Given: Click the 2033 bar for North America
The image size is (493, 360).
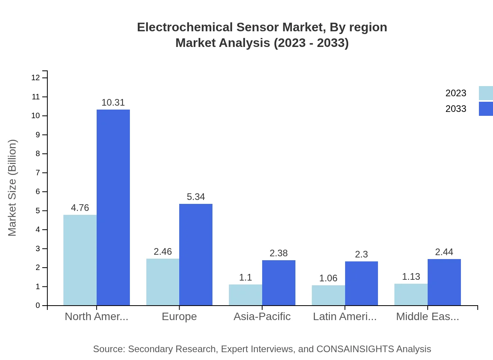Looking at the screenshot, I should pos(113,207).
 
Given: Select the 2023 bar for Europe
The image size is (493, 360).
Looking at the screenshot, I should pos(163,282).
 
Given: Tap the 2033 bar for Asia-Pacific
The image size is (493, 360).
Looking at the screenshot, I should pos(279,283).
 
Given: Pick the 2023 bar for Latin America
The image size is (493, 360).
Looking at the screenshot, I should pos(328,295).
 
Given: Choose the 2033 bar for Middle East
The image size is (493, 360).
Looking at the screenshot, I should pos(444,282).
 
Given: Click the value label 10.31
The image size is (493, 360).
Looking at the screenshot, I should pos(113,103).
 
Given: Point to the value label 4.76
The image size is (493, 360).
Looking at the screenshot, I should pos(80,208).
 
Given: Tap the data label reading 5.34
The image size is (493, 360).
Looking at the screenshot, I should pos(196,197).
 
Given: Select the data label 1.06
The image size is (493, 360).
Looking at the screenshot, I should pos(328,278).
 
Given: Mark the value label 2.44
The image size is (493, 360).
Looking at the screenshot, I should pos(444,252).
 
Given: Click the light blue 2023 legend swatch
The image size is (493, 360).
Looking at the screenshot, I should pos(486,93).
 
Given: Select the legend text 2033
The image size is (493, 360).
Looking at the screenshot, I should pos(456,109).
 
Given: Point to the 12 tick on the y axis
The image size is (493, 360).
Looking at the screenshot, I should pos(36,78).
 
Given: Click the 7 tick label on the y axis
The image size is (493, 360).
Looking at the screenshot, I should pos(38,173).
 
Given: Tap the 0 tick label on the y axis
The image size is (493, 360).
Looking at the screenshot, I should pos(38,306).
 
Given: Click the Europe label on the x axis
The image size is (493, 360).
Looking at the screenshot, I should pos(179,317).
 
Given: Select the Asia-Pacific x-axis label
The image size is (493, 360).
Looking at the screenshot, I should pos(262,317).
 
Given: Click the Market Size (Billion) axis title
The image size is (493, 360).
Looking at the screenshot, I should pos(13,188).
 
